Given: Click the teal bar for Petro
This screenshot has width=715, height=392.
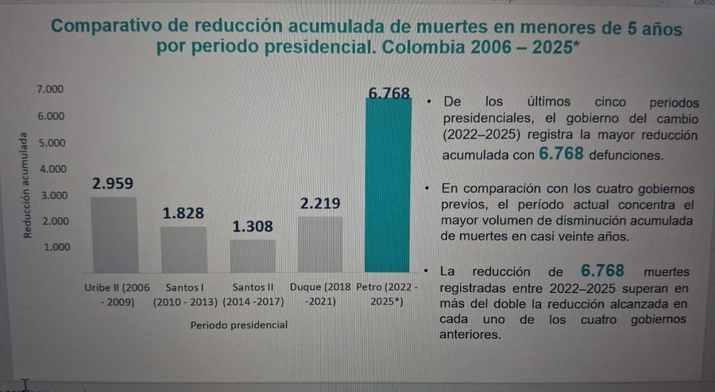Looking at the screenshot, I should pyautogui.click(x=388, y=186).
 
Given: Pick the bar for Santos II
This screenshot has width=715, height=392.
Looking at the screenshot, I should pyautogui.click(x=253, y=256).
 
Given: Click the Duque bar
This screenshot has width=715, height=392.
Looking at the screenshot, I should pyautogui.click(x=320, y=244).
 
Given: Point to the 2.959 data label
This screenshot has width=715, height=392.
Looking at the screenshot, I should pyautogui.click(x=113, y=183).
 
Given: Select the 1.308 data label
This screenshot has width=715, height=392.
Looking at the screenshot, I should pyautogui.click(x=253, y=227).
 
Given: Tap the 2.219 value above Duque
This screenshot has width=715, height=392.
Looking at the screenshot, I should pyautogui.click(x=320, y=203).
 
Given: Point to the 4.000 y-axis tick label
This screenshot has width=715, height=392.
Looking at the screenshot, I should pyautogui.click(x=49, y=168).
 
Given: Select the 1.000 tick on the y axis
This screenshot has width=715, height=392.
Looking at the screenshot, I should pyautogui.click(x=49, y=246).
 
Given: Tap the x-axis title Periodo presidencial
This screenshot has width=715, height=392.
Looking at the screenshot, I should pyautogui.click(x=239, y=325).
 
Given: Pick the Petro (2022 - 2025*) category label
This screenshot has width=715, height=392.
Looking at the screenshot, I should pyautogui.click(x=387, y=293).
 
